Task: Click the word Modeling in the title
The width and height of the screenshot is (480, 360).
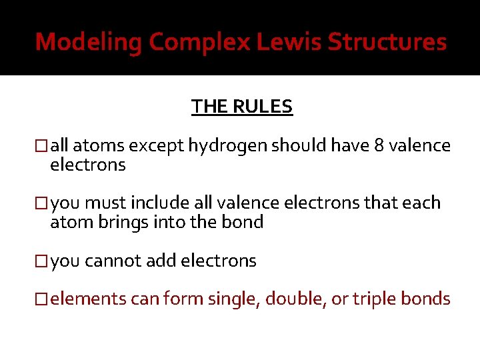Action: pos(89,43)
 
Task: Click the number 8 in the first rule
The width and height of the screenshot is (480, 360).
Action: pos(379,146)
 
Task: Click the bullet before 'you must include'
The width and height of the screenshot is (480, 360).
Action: pos(43,203)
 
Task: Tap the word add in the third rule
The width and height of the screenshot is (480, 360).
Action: pos(159,261)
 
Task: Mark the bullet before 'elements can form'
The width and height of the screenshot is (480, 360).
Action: pos(43,299)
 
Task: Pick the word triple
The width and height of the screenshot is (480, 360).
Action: pos(366,299)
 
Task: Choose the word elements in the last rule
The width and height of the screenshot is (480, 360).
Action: pos(87,299)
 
